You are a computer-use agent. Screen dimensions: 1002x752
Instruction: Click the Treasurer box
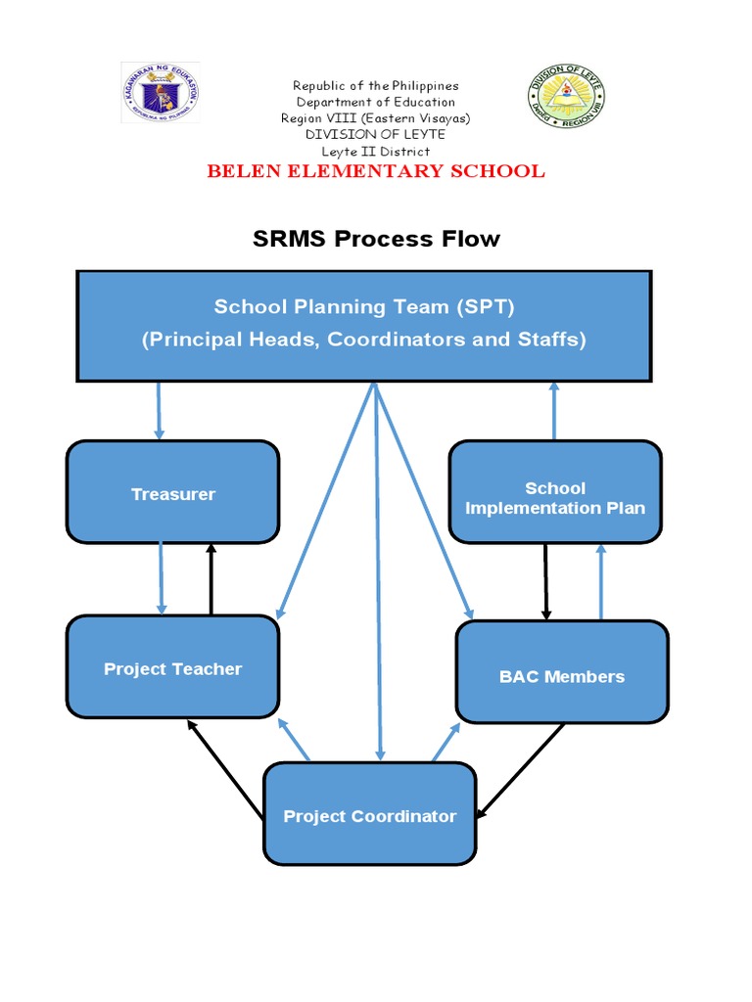click(172, 493)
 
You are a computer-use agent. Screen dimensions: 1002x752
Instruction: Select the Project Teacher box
click(172, 668)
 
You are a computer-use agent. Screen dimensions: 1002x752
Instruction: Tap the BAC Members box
click(561, 675)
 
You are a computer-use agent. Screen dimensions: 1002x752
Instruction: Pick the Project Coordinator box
click(369, 815)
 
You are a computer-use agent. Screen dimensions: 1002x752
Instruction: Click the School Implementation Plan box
click(554, 497)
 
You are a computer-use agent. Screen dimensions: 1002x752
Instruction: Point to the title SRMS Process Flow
click(376, 239)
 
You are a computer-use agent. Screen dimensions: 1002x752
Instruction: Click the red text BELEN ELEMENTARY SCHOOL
click(375, 172)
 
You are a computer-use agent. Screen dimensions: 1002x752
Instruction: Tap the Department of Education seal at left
click(160, 93)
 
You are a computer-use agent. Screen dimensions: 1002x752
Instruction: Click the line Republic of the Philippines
click(375, 86)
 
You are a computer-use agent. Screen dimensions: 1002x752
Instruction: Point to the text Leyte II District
click(375, 152)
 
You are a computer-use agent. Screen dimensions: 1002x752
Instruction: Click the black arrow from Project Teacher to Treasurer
click(211, 579)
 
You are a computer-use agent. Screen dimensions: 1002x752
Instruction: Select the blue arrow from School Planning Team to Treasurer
click(159, 411)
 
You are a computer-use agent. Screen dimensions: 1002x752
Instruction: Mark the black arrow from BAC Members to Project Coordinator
click(521, 771)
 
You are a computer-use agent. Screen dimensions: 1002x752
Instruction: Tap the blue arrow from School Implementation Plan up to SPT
click(553, 411)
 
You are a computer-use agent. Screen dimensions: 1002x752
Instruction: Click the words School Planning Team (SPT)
click(364, 307)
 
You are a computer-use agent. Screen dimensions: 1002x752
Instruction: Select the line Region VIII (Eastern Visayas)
click(375, 118)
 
